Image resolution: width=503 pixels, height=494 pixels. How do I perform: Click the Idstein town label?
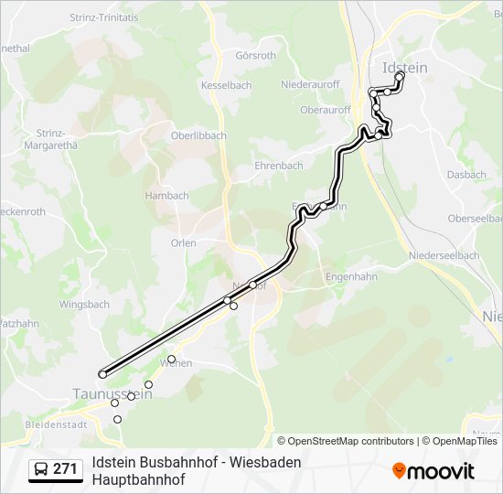(404, 67)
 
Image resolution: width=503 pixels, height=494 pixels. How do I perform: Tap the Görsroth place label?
(255, 56)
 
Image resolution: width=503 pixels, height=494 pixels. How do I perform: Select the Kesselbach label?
(226, 85)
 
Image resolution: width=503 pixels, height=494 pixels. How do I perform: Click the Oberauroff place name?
(326, 110)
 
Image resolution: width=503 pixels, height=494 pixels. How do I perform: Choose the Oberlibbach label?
(198, 135)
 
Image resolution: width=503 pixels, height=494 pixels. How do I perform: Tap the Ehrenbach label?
(278, 166)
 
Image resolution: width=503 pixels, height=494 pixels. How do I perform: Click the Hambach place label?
(166, 196)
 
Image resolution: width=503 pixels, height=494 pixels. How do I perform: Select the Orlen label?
(183, 243)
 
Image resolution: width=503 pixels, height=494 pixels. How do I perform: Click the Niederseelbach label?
(444, 255)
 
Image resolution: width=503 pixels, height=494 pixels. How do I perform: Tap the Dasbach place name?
(466, 174)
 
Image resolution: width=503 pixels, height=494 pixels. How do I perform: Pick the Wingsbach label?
(84, 304)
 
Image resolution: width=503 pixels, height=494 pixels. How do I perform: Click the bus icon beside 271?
(41, 469)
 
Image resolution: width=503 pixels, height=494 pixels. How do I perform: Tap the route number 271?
(65, 469)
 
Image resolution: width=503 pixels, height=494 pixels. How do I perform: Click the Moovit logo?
(433, 471)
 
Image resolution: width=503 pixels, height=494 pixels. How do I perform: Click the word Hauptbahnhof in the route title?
(138, 479)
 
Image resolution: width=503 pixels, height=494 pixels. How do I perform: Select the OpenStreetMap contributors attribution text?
(348, 441)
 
